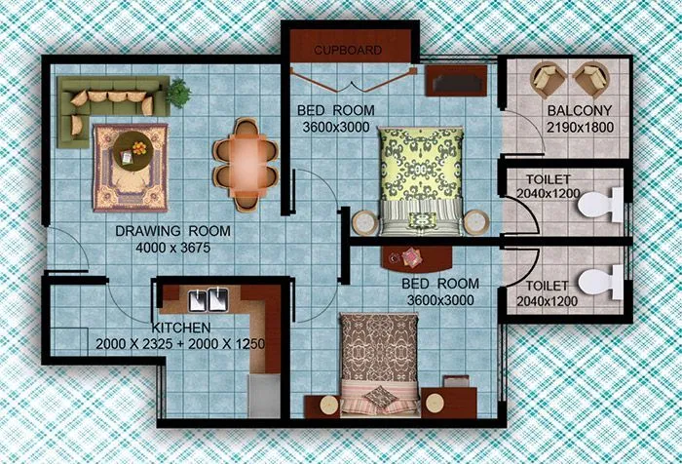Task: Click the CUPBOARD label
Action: (348, 50)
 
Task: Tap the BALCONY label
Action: (579, 110)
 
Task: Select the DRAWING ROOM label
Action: (172, 231)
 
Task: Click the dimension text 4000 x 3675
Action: (172, 248)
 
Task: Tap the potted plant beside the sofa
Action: (177, 93)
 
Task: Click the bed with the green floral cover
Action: (421, 180)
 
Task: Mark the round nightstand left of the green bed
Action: (363, 222)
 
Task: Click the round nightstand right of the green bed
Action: (477, 222)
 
